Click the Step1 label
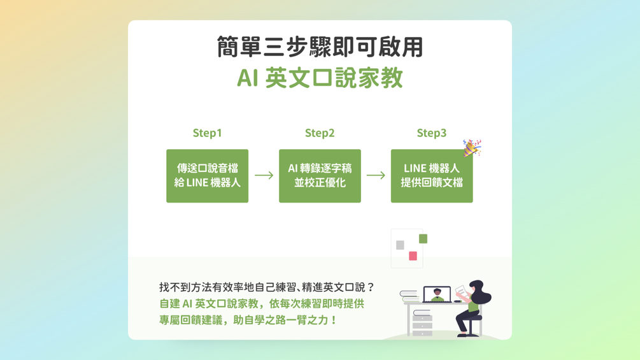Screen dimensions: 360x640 click(207, 133)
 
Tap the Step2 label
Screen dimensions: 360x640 click(320, 133)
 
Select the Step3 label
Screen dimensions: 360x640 click(432, 133)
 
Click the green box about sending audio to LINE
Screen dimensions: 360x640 click(207, 176)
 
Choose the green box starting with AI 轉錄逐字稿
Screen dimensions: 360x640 click(320, 176)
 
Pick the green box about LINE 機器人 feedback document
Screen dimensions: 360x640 click(432, 176)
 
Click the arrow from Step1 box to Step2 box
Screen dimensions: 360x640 click(264, 175)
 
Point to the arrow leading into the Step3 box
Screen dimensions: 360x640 click(376, 175)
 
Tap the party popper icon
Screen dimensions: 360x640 click(471, 148)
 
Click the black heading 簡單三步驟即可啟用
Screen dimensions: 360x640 click(320, 47)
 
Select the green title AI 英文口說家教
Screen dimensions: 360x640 click(320, 78)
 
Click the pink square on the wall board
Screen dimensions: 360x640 click(413, 256)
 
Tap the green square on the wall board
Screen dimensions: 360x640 click(423, 239)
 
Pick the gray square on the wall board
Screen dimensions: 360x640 click(400, 245)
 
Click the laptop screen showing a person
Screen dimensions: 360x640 click(437, 294)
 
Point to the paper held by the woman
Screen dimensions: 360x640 click(460, 291)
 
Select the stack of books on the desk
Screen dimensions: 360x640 click(409, 296)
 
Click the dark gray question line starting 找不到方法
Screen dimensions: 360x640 click(267, 287)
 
